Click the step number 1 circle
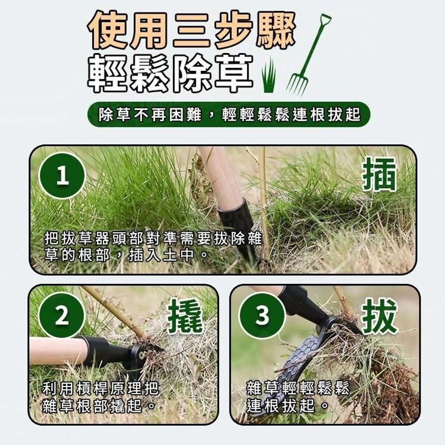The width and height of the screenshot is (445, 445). click(62, 176)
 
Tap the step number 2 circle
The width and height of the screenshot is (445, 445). click(62, 315)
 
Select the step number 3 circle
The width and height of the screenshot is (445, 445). click(262, 315)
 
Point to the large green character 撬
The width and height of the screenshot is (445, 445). click(186, 316)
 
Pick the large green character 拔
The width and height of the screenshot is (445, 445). click(379, 316)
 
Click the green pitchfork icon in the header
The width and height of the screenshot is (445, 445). click(308, 54)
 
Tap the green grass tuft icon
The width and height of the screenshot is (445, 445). click(268, 74)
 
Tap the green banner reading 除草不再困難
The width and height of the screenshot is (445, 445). click(229, 115)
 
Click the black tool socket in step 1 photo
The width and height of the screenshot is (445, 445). click(238, 224)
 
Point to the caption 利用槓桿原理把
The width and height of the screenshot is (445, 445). click(100, 389)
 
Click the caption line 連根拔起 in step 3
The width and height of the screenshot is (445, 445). click(287, 405)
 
